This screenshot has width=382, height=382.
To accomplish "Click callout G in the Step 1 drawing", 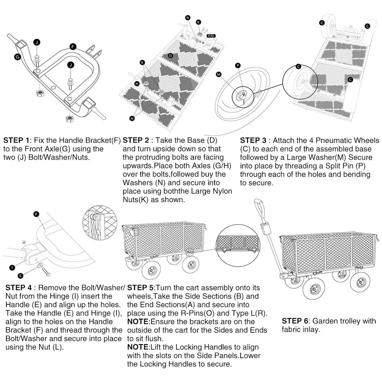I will coord(17,57).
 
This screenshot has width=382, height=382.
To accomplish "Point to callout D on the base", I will coord(170,56).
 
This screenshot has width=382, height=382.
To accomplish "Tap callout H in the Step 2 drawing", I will coord(137,84).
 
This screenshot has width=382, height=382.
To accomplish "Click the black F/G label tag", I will coord(211,35).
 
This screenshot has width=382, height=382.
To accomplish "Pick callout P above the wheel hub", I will coord(238,65).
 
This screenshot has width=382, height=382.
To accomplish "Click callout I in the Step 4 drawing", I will coord(12,267).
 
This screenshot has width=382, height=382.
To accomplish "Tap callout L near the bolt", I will coord(21,275).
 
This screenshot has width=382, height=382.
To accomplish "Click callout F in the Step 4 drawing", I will coord(36,214).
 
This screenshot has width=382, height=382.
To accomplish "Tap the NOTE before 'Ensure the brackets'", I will coord(138,321).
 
